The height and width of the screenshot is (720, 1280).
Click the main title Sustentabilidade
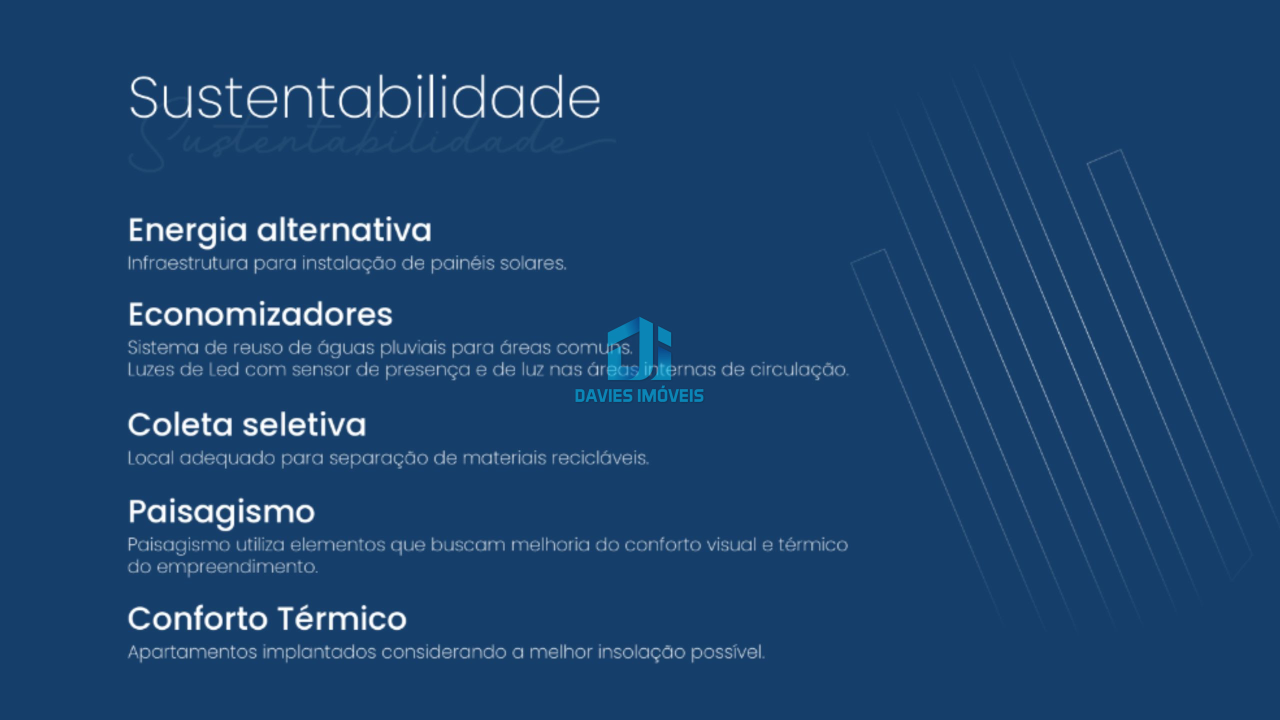pyautogui.click(x=364, y=97)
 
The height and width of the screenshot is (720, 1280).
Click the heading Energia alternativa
pyautogui.click(x=279, y=231)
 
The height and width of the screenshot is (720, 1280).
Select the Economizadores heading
pyautogui.click(x=260, y=314)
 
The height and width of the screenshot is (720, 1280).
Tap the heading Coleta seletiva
pyautogui.click(x=247, y=425)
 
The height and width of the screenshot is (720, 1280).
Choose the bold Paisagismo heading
pyautogui.click(x=221, y=512)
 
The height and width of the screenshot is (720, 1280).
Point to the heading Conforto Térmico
pyautogui.click(x=267, y=618)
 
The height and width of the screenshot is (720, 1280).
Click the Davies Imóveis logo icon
pyautogui.click(x=639, y=348)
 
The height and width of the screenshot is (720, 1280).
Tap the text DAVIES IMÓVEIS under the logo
pyautogui.click(x=639, y=395)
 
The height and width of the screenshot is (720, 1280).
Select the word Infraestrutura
pyautogui.click(x=188, y=263)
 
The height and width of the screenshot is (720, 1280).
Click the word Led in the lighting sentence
pyautogui.click(x=224, y=370)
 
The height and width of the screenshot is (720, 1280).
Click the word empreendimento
pyautogui.click(x=237, y=567)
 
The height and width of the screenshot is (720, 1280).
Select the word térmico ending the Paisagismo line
pyautogui.click(x=813, y=544)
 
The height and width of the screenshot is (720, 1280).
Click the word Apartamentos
pyautogui.click(x=192, y=652)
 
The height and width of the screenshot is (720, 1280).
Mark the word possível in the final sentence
pyautogui.click(x=727, y=652)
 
